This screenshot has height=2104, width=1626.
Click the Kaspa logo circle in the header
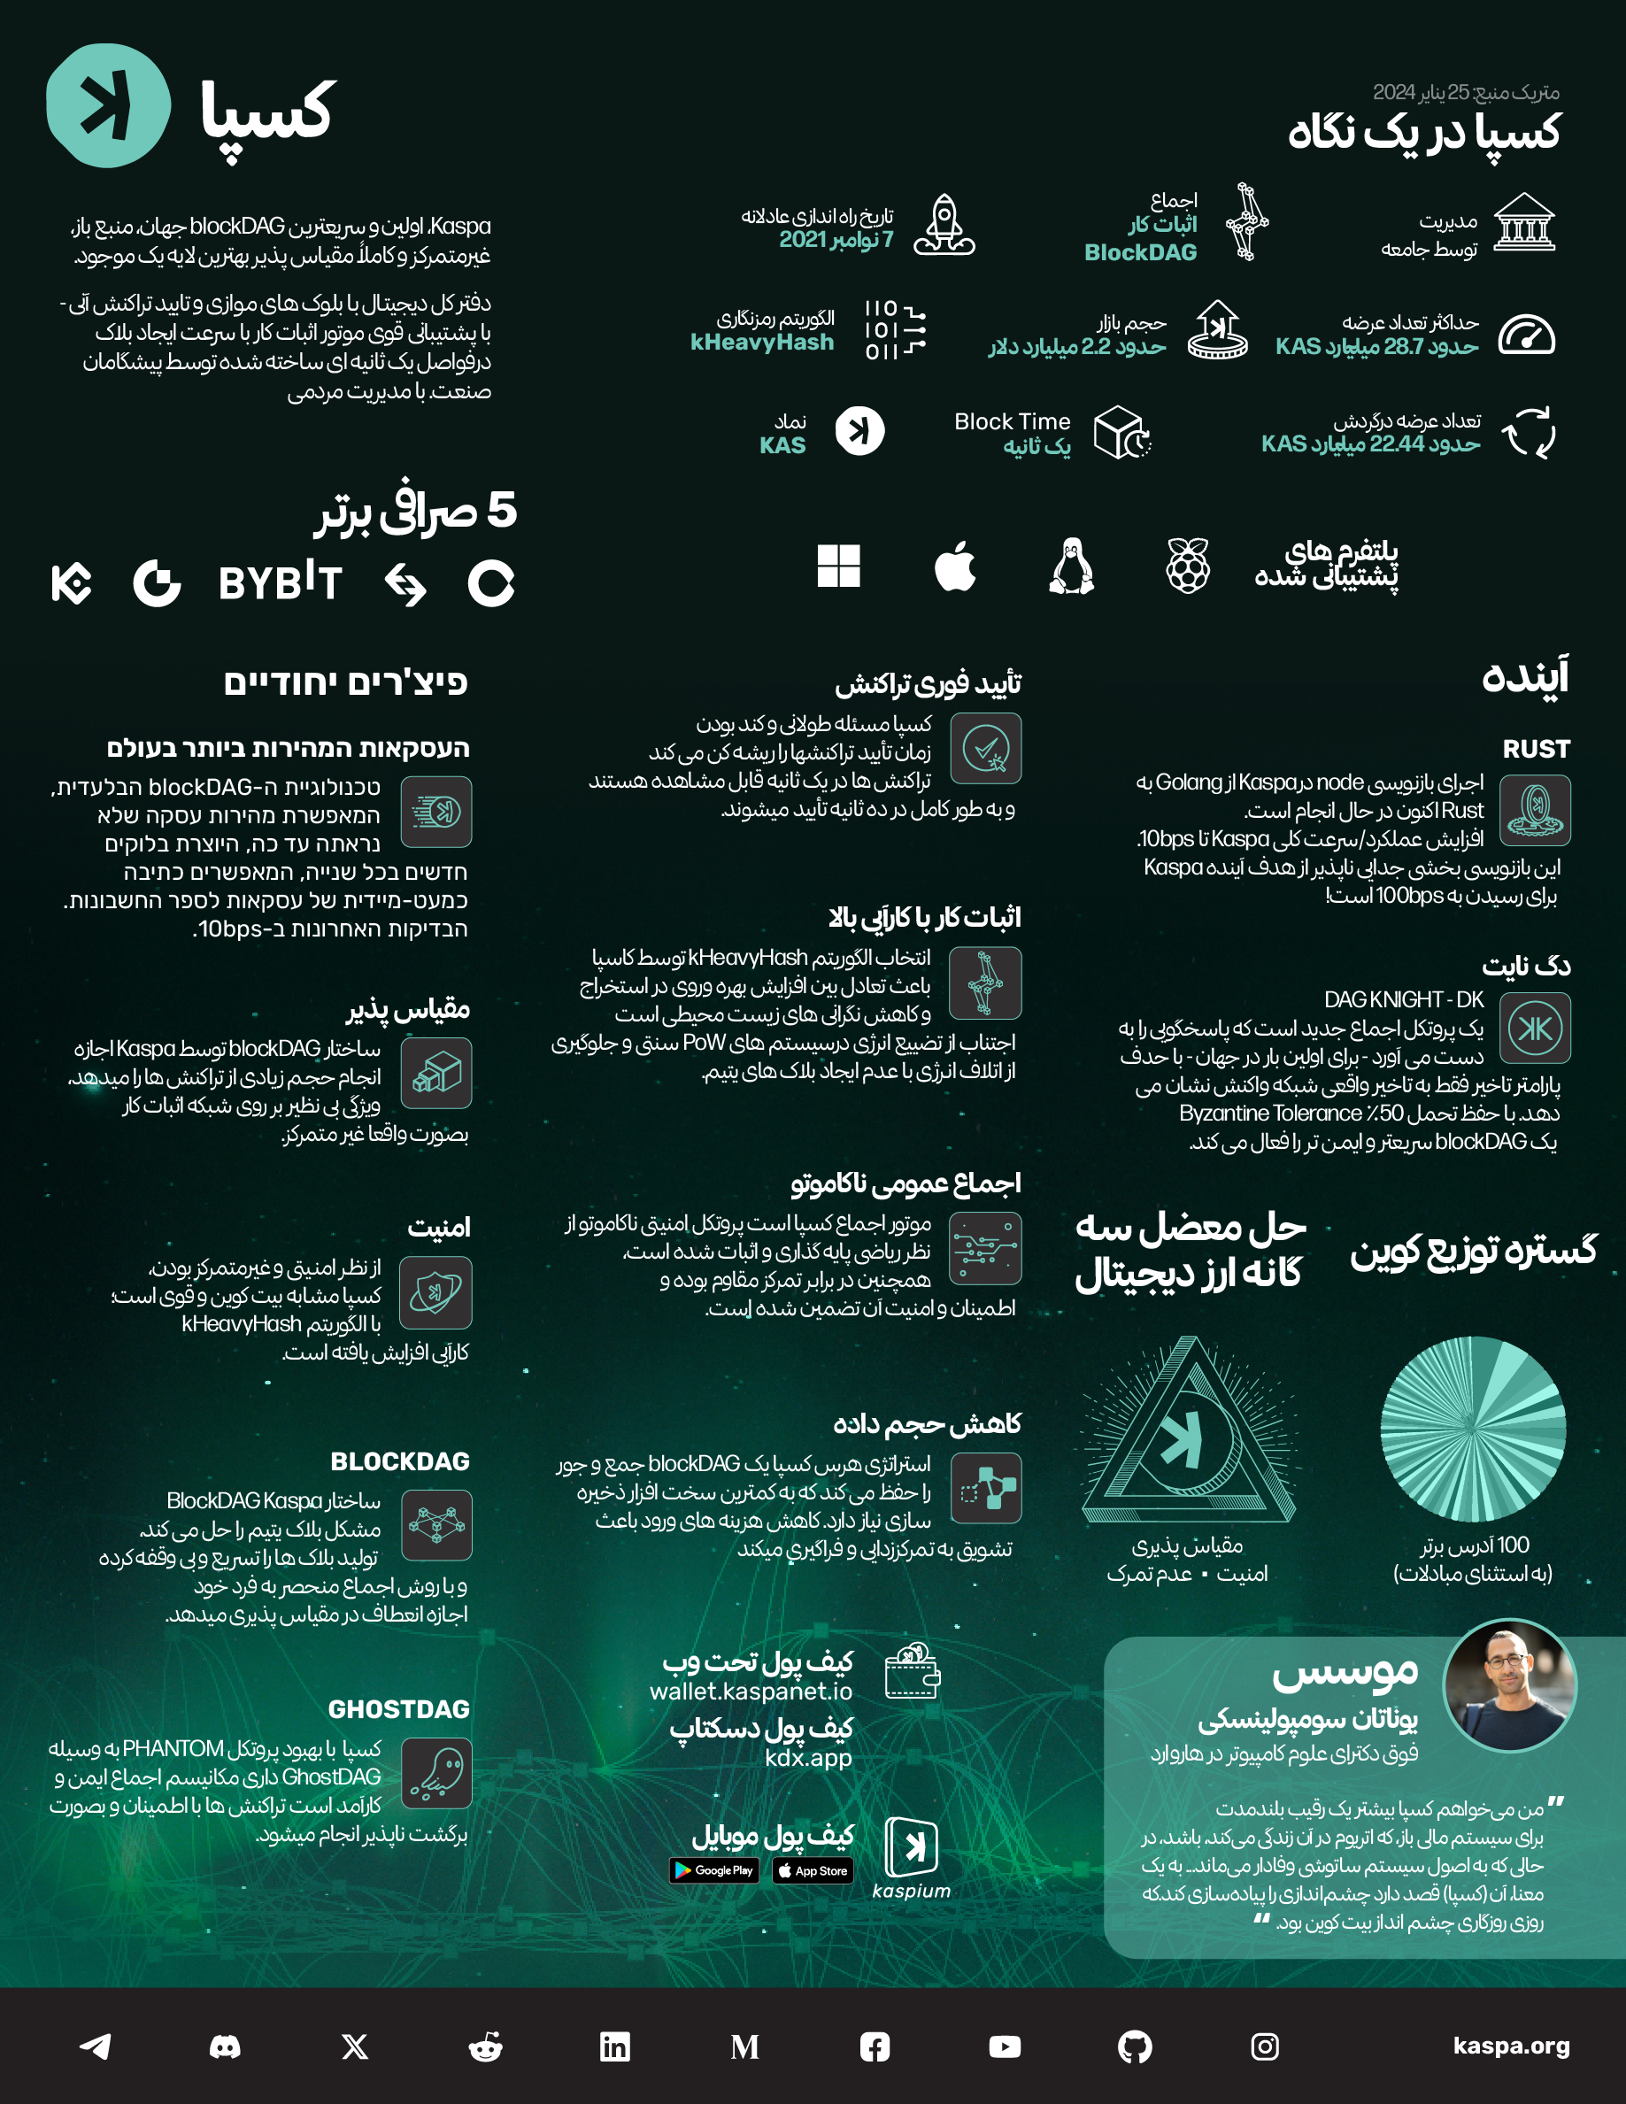(x=108, y=105)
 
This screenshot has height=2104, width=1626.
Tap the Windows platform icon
(x=838, y=566)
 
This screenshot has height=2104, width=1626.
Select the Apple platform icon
(x=954, y=566)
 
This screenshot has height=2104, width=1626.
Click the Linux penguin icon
(x=1071, y=566)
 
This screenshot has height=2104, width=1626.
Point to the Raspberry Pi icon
(x=1188, y=566)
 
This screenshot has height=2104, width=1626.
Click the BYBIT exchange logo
(x=281, y=582)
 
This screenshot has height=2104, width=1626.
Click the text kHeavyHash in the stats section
(x=762, y=343)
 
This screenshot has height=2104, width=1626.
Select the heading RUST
(x=1536, y=749)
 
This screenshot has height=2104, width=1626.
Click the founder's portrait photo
(x=1508, y=1685)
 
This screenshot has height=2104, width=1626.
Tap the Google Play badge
(x=713, y=1870)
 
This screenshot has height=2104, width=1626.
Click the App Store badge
(x=813, y=1871)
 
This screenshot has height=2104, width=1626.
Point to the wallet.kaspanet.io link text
(x=751, y=1692)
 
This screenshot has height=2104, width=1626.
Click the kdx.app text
(x=808, y=1758)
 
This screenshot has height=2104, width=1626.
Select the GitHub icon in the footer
(x=1135, y=2046)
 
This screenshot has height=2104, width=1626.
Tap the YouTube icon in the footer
(x=1005, y=2046)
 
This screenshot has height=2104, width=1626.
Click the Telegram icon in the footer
(x=96, y=2046)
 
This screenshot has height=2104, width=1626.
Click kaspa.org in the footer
(x=1510, y=2046)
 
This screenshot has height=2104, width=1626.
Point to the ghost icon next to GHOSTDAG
(x=436, y=1774)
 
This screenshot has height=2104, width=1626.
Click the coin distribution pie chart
(x=1473, y=1429)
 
